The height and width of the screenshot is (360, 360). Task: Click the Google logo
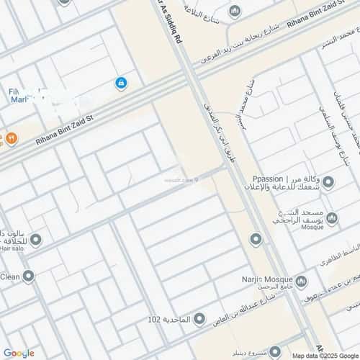pos(18,353)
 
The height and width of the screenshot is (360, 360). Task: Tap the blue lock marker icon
pos(121,84)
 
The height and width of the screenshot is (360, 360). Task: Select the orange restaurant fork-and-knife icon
pos(11,137)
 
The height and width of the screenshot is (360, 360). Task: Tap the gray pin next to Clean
pos(28,276)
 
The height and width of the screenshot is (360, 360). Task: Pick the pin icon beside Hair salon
pos(35,240)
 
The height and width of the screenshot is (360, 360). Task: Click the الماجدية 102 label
pos(168,318)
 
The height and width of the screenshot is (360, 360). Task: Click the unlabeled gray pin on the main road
pos(256,239)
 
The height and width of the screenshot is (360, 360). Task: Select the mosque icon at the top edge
pos(235,12)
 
